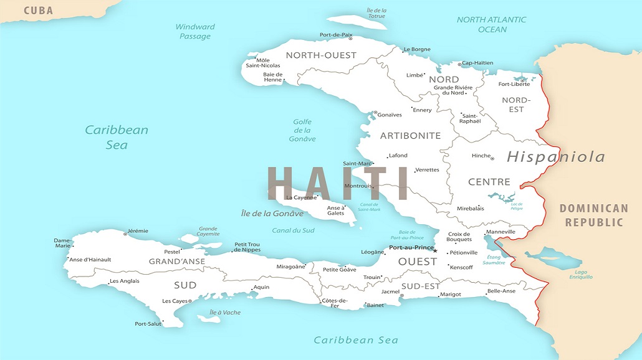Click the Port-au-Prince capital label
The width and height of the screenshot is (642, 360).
click(x=410, y=247)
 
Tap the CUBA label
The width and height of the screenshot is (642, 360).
click(x=39, y=11)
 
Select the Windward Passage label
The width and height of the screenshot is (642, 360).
click(x=195, y=31)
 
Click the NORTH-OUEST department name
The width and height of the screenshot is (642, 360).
click(x=321, y=55)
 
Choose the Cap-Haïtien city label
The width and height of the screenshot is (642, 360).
click(x=477, y=63)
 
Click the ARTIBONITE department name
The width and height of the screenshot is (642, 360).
click(x=410, y=135)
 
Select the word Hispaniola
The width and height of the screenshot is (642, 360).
click(x=555, y=156)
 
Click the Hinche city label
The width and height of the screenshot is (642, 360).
click(x=481, y=156)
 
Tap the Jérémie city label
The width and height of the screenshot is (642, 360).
click(x=138, y=231)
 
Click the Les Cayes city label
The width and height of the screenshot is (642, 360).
click(x=175, y=301)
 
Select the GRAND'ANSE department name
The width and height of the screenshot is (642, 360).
click(x=176, y=262)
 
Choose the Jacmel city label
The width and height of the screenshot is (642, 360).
click(x=390, y=291)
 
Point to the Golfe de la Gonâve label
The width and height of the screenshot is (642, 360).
click(x=302, y=130)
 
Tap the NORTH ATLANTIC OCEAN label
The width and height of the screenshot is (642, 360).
click(x=492, y=24)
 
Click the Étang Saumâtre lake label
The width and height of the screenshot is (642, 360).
click(x=494, y=260)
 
